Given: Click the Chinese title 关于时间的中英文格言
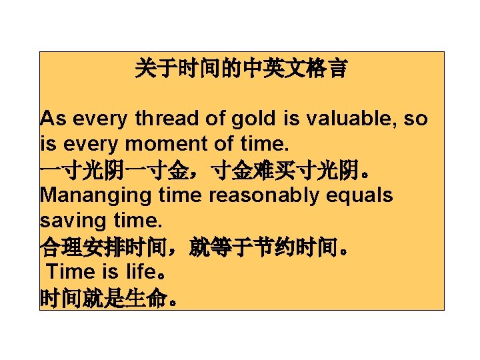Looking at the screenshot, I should (x=241, y=68).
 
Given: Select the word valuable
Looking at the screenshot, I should (x=343, y=119).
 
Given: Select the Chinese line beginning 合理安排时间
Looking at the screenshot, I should (x=193, y=247).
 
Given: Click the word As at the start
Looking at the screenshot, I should (x=52, y=119).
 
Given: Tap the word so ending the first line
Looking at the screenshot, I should (x=416, y=119).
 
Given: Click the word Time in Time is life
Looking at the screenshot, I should (x=73, y=272).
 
